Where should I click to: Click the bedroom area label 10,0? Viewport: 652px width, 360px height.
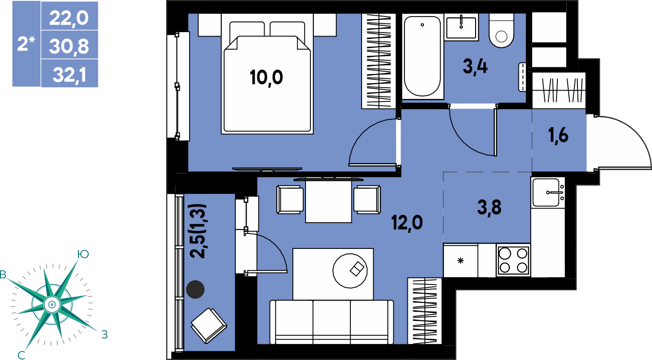pyautogui.click(x=267, y=78)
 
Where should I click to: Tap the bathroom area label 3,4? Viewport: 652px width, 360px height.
pyautogui.click(x=475, y=67)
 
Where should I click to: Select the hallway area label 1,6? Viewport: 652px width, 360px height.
pyautogui.click(x=558, y=135)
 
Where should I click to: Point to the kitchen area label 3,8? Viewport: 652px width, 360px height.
pyautogui.click(x=489, y=208)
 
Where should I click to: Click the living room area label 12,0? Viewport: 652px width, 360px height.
pyautogui.click(x=407, y=223)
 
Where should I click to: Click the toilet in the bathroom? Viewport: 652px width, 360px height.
pyautogui.click(x=501, y=31)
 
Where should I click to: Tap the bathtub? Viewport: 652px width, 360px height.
pyautogui.click(x=422, y=57)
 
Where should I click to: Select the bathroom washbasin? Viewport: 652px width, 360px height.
pyautogui.click(x=461, y=27)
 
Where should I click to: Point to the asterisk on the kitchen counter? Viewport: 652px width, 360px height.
pyautogui.click(x=460, y=261)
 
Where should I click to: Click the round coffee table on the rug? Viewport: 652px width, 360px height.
pyautogui.click(x=350, y=271)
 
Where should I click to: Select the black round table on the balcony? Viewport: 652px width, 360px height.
pyautogui.click(x=195, y=289)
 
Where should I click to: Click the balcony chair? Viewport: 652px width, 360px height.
pyautogui.click(x=209, y=325)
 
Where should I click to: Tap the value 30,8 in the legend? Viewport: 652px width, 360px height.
pyautogui.click(x=69, y=46)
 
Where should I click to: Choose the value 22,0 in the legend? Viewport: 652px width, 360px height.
pyautogui.click(x=69, y=18)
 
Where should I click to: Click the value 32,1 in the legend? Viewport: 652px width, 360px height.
pyautogui.click(x=70, y=75)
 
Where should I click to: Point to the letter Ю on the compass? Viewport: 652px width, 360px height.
pyautogui.click(x=83, y=254)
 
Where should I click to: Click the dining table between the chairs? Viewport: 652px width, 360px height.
pyautogui.click(x=328, y=201)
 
